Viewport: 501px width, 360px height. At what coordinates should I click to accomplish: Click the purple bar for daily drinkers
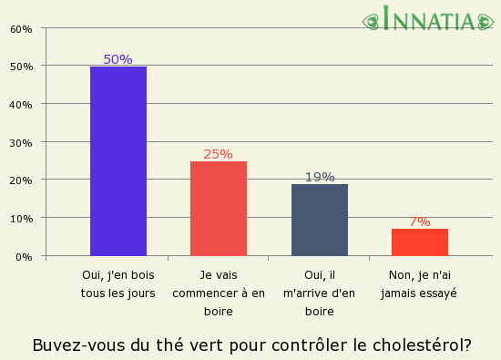coord(118,161)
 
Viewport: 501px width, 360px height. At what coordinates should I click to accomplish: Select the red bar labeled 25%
coord(219,209)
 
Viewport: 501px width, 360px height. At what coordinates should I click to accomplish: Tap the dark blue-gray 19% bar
coord(319,220)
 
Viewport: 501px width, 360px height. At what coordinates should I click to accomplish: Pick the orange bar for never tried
coord(419,242)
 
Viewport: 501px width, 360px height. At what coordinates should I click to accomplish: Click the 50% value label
coord(118,59)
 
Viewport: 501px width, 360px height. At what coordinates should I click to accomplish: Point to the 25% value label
coord(219,154)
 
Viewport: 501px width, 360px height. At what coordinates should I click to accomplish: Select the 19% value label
coord(319,177)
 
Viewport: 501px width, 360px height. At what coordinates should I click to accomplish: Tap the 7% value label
coord(419,221)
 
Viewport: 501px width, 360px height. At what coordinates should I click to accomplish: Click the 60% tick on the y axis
coord(21,28)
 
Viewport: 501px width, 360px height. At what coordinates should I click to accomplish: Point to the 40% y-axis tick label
coord(21,104)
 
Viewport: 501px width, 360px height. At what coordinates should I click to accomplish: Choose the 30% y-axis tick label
coord(21,142)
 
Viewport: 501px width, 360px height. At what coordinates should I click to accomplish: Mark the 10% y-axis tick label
coord(21,219)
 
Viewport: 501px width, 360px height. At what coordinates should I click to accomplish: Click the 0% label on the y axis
coord(25,257)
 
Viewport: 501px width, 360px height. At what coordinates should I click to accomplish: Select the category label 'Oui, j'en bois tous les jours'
coord(118,283)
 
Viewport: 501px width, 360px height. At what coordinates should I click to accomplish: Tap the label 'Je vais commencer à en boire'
coord(219,293)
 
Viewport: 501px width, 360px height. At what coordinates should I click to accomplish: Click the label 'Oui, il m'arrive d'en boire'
coord(319,293)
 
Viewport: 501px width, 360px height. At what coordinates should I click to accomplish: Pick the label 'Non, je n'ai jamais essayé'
coord(419,283)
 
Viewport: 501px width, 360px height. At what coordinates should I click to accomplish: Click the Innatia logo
coord(428,19)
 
